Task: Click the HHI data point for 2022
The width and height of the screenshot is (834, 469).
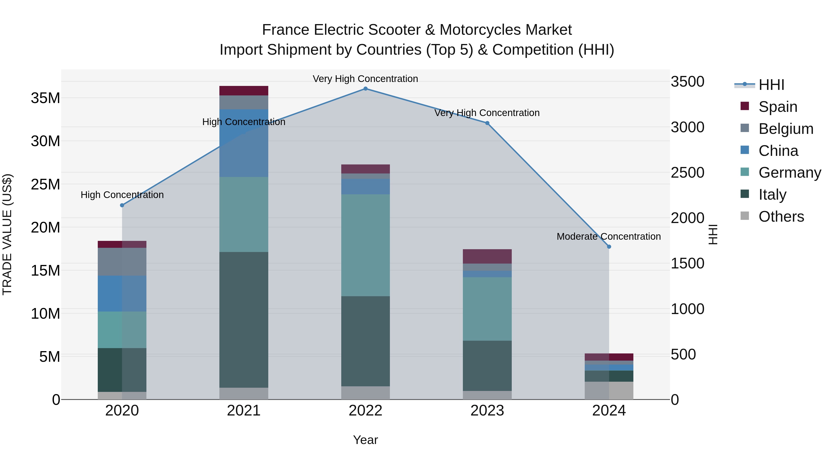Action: [x=366, y=89]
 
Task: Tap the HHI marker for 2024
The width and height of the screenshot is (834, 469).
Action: [x=609, y=247]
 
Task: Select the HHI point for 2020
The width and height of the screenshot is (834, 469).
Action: [x=122, y=205]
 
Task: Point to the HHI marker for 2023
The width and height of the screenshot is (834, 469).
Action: [x=487, y=123]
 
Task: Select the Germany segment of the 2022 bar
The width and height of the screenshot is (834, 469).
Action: [x=366, y=245]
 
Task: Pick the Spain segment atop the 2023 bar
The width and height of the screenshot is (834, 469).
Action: [x=487, y=256]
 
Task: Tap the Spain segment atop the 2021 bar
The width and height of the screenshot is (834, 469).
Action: [x=244, y=91]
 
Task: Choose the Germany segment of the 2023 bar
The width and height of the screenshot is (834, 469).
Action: [x=487, y=309]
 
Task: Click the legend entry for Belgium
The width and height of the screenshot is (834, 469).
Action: [x=786, y=129]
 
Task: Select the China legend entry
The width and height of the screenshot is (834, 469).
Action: [x=778, y=151]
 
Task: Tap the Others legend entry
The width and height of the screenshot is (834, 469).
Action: [x=781, y=217]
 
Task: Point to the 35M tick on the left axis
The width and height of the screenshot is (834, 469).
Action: [x=45, y=98]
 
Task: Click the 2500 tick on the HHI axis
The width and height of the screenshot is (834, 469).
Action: [x=687, y=173]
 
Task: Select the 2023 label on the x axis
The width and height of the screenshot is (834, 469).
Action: [x=487, y=411]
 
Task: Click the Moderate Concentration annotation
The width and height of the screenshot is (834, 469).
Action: [x=609, y=237]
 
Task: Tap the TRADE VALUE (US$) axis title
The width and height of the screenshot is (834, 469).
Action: [x=7, y=234]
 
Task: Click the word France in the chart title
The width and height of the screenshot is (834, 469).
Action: [x=285, y=30]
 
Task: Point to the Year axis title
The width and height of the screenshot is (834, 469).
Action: [x=366, y=440]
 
